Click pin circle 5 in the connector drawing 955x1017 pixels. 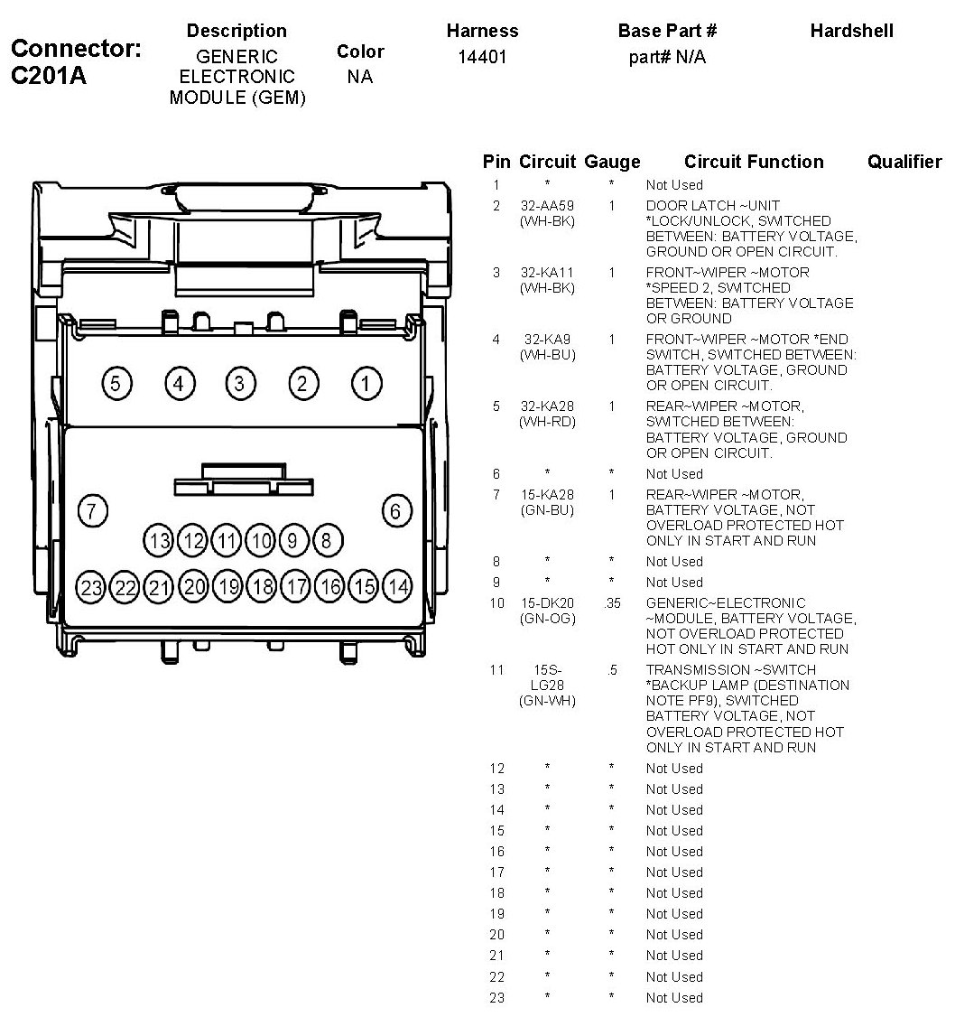coord(116,384)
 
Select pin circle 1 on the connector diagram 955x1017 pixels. coord(366,384)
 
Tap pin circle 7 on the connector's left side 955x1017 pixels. coord(91,510)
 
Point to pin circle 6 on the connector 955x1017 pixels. coord(395,510)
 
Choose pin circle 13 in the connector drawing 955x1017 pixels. coord(160,541)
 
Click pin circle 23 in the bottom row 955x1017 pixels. coord(91,588)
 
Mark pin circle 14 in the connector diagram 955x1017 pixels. coord(397,587)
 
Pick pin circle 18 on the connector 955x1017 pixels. coord(262,587)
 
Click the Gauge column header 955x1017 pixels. coord(612,162)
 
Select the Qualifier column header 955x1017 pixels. coord(904,162)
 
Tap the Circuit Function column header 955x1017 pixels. coord(754,162)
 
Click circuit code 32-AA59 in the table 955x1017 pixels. coord(547,206)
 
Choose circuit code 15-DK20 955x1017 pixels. coord(547,603)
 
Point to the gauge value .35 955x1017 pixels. coord(612,603)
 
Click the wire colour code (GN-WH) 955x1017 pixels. coord(547,701)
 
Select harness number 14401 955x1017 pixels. coord(482,58)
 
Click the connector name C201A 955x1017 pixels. coord(49,76)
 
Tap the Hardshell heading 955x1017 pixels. coord(851,31)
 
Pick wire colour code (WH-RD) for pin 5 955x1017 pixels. coord(547,422)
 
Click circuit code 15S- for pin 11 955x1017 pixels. coord(547,670)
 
